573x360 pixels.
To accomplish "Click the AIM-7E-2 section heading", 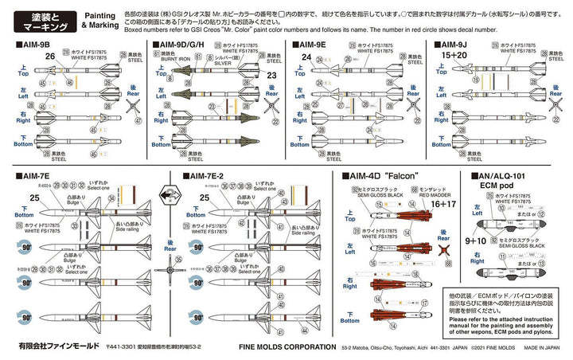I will pyautogui.click(x=211, y=175).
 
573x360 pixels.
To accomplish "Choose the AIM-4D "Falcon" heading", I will pyautogui.click(x=381, y=175).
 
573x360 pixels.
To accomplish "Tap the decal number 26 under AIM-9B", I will pyautogui.click(x=50, y=57).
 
